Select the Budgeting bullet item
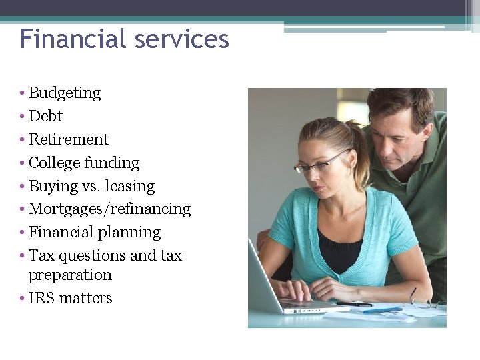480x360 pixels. [65, 93]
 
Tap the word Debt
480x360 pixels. [45, 116]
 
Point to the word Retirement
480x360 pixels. [68, 139]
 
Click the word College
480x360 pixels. [55, 163]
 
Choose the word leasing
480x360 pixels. [130, 186]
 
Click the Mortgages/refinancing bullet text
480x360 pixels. [109, 209]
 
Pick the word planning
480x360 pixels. [129, 233]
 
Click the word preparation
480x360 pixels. [70, 275]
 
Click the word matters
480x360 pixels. [85, 298]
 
